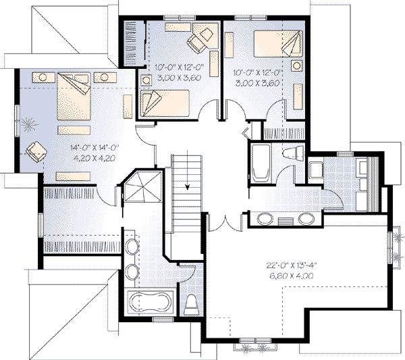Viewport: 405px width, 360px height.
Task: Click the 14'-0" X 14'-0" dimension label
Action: coord(94,147)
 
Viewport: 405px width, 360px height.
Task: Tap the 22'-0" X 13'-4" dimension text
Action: coord(292,265)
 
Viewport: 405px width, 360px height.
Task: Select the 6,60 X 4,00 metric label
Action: coord(292,276)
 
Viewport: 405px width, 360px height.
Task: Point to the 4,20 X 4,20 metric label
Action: coord(94,158)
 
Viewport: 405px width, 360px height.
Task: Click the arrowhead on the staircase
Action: coord(188,187)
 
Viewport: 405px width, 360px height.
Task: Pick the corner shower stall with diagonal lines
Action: coord(142,186)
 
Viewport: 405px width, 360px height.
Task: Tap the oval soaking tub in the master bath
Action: coord(151,303)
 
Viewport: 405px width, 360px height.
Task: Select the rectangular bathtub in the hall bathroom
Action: coord(261,163)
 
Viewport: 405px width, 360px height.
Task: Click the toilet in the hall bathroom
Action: coord(294,153)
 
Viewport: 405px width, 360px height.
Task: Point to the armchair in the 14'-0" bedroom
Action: coord(36,152)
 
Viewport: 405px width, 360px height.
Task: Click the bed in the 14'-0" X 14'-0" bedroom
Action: coord(74,96)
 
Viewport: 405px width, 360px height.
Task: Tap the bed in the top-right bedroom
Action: coord(278,44)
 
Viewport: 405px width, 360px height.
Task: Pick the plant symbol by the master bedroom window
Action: coord(30,124)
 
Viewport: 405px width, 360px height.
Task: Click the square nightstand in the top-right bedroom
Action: coord(297,66)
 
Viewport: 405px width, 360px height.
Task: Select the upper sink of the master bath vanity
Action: coord(132,247)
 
